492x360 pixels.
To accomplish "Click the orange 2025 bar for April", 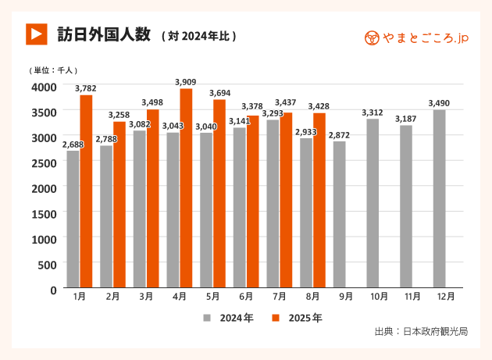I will (x=186, y=189).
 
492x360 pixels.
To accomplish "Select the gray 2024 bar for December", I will (x=440, y=199).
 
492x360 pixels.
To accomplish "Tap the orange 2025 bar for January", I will (x=86, y=192).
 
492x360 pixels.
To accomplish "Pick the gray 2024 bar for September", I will (x=339, y=215).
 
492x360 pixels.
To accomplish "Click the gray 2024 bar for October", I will (x=373, y=204).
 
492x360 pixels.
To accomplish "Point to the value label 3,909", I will (x=186, y=82).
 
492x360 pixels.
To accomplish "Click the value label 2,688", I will (x=73, y=144).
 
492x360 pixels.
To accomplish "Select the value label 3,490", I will (x=440, y=103).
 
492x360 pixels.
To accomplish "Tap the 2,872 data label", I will (x=339, y=135).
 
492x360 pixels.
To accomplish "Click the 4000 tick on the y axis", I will (x=44, y=86).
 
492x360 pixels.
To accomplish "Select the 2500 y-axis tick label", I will (x=44, y=162).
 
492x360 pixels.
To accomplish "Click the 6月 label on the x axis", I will (x=246, y=297).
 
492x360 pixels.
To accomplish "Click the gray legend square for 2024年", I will (x=208, y=318).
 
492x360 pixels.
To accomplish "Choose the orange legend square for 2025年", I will (x=276, y=318).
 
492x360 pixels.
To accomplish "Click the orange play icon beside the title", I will (x=36, y=34).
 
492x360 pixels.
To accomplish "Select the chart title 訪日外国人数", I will (x=103, y=34).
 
